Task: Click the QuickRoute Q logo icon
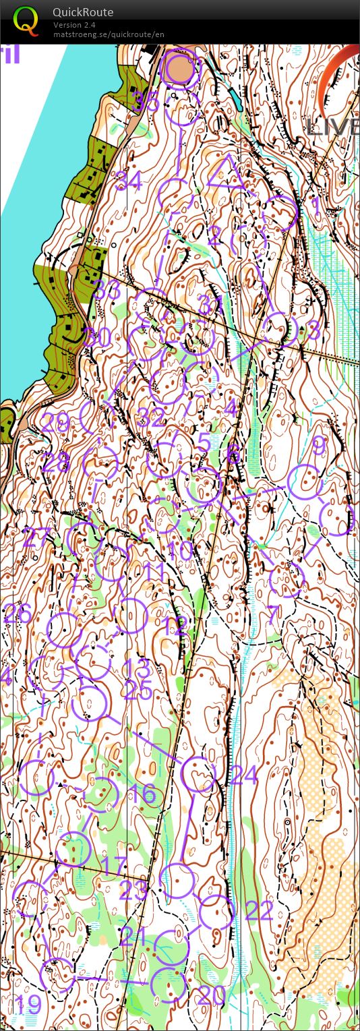(26, 20)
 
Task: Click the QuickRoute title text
(83, 12)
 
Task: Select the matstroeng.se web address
(109, 34)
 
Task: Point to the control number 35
(147, 102)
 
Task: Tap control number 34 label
(129, 181)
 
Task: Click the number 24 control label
(244, 776)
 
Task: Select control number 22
(259, 911)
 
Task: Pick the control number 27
(36, 538)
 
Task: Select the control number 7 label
(273, 614)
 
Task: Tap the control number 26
(18, 614)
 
